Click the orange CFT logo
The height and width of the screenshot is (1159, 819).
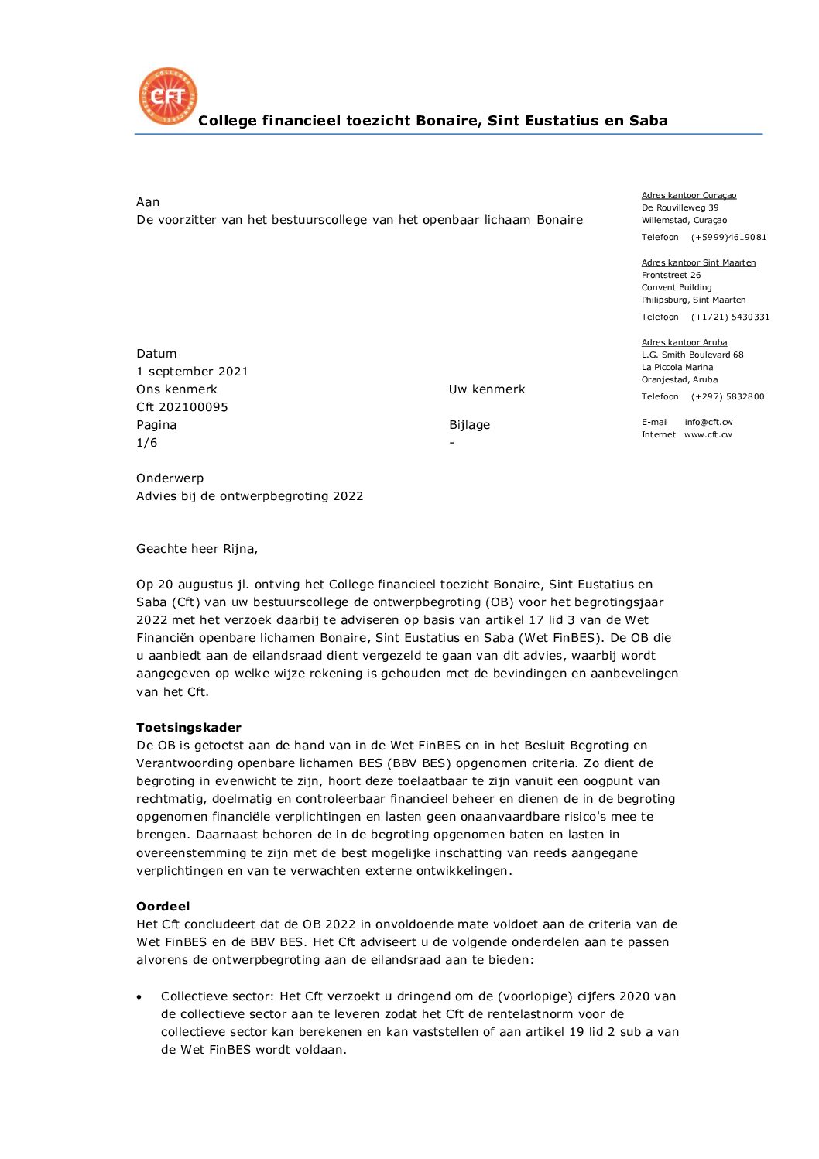(168, 96)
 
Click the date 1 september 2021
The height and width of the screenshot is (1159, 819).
(192, 372)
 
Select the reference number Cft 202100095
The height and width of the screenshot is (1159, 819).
(182, 407)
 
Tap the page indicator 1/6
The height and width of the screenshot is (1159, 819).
(146, 443)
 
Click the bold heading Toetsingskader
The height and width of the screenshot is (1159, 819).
(189, 728)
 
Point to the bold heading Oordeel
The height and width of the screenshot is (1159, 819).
(163, 907)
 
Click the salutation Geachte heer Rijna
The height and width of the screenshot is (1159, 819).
(197, 549)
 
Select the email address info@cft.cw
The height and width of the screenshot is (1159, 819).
(708, 423)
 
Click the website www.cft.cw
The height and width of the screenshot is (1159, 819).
(708, 435)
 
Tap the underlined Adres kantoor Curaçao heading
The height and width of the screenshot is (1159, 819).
(689, 196)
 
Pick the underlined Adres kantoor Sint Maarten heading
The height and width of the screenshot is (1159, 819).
(698, 263)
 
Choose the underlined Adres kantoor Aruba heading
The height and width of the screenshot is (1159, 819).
(684, 343)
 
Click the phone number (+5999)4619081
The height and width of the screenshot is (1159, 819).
(728, 238)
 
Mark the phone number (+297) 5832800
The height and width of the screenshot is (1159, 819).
(728, 397)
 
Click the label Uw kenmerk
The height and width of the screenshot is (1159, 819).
(487, 389)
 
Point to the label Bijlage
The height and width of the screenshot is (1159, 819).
(469, 425)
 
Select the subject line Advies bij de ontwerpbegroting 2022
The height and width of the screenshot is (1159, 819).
(249, 496)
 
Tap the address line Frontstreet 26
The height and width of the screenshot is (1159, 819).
(671, 276)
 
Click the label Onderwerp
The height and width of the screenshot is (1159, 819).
(170, 478)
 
